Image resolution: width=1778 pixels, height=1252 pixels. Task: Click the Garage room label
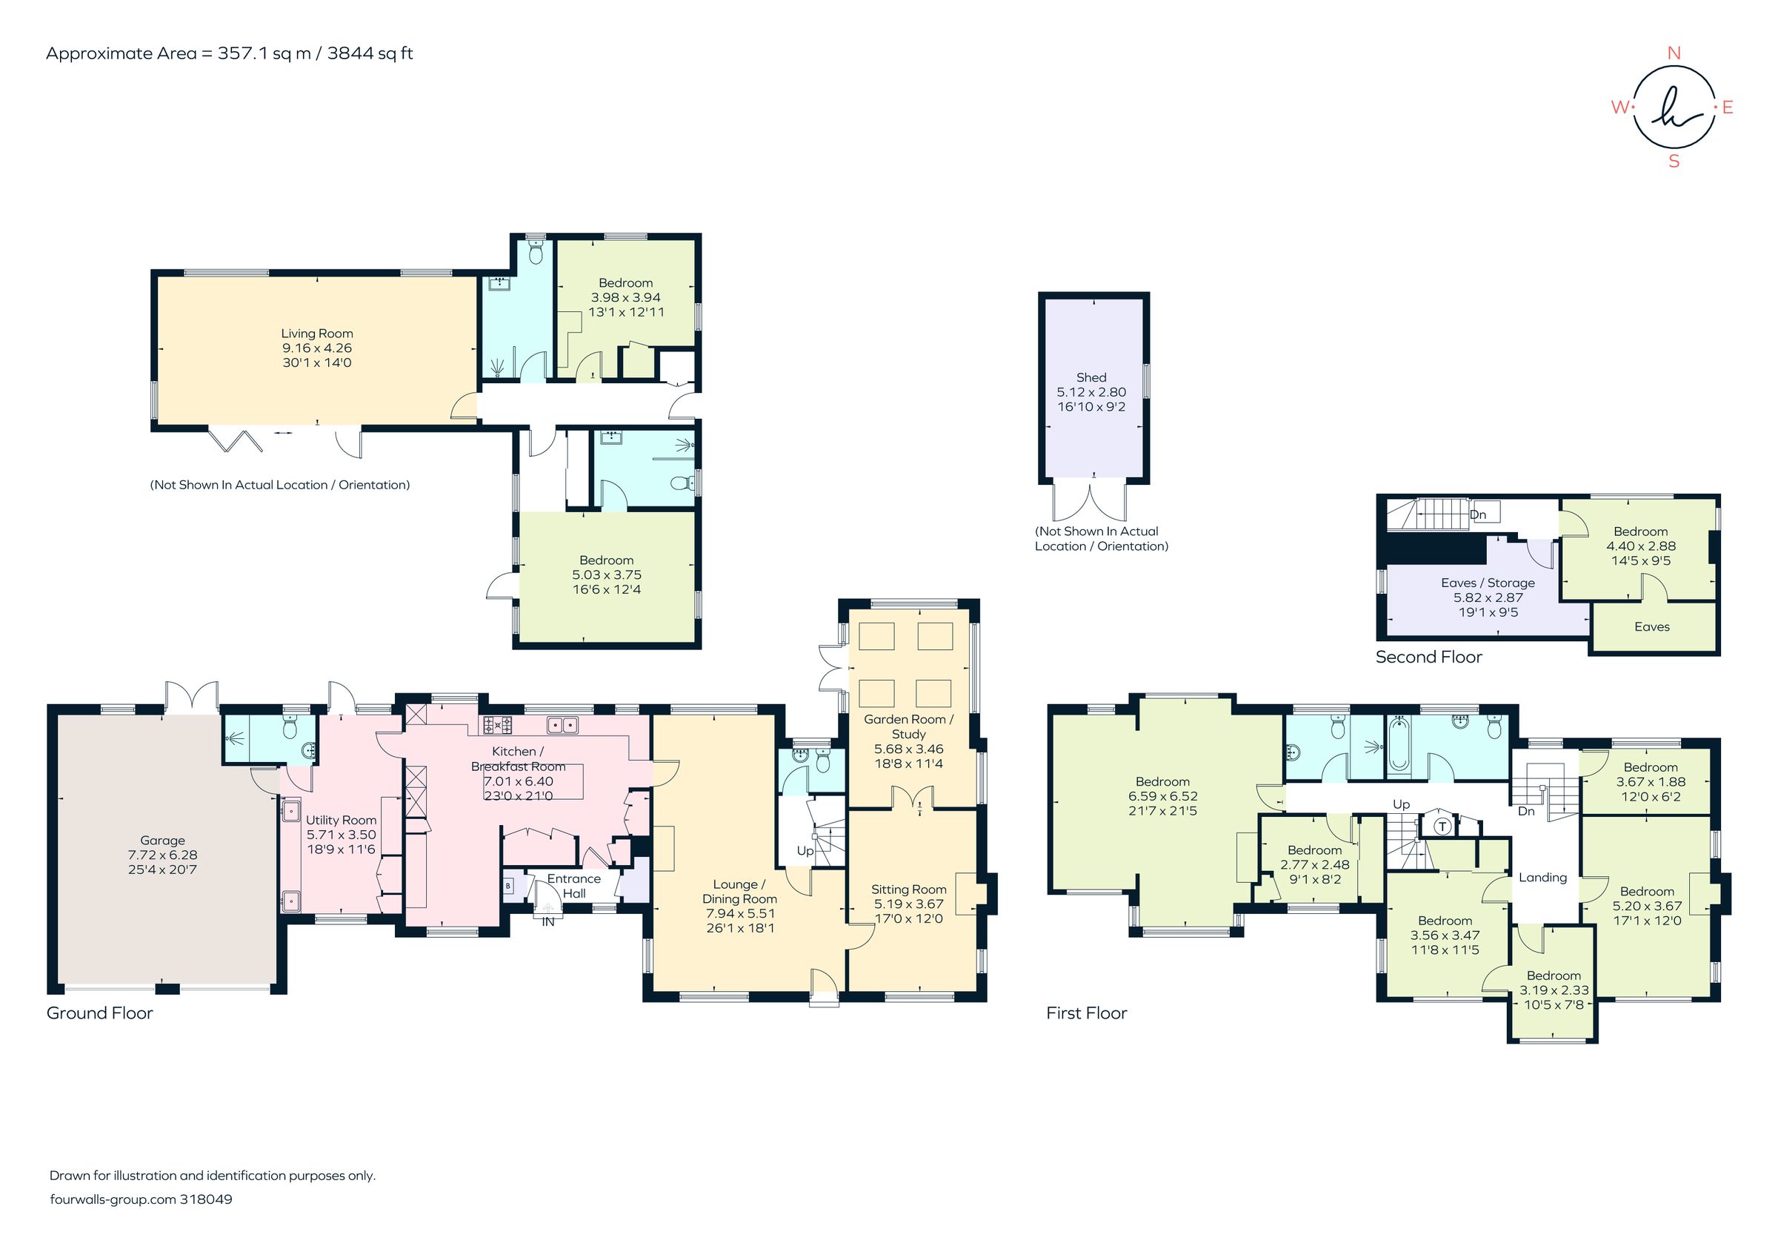click(x=163, y=840)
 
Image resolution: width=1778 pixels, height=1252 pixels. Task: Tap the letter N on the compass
click(x=1674, y=53)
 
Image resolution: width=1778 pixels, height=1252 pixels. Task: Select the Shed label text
click(x=1091, y=377)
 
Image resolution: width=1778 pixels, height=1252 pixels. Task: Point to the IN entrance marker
click(x=547, y=922)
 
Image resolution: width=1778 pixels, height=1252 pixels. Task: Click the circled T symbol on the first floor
click(x=1442, y=826)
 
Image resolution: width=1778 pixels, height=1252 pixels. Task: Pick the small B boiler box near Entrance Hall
click(x=508, y=886)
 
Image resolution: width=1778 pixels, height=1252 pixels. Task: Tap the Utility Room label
click(x=341, y=820)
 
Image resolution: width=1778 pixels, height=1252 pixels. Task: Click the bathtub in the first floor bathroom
click(x=1398, y=745)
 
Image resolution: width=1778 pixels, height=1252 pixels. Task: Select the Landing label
click(x=1542, y=877)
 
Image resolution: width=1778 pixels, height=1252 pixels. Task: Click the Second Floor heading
click(x=1428, y=657)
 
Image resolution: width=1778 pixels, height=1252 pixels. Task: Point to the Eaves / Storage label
click(x=1488, y=583)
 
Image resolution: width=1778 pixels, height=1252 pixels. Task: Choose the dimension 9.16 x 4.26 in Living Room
click(x=317, y=348)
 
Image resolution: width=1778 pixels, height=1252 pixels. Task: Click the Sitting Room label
click(x=908, y=890)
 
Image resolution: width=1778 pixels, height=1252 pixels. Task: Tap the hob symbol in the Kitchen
click(x=498, y=725)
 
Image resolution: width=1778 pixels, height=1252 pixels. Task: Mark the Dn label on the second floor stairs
click(x=1477, y=514)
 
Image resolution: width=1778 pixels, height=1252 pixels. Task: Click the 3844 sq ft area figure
click(x=370, y=53)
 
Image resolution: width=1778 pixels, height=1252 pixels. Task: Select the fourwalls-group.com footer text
click(x=113, y=1199)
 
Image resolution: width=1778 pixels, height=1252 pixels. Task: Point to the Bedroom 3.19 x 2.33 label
click(x=1554, y=976)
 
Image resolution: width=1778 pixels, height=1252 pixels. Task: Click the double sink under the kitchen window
click(x=563, y=725)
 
